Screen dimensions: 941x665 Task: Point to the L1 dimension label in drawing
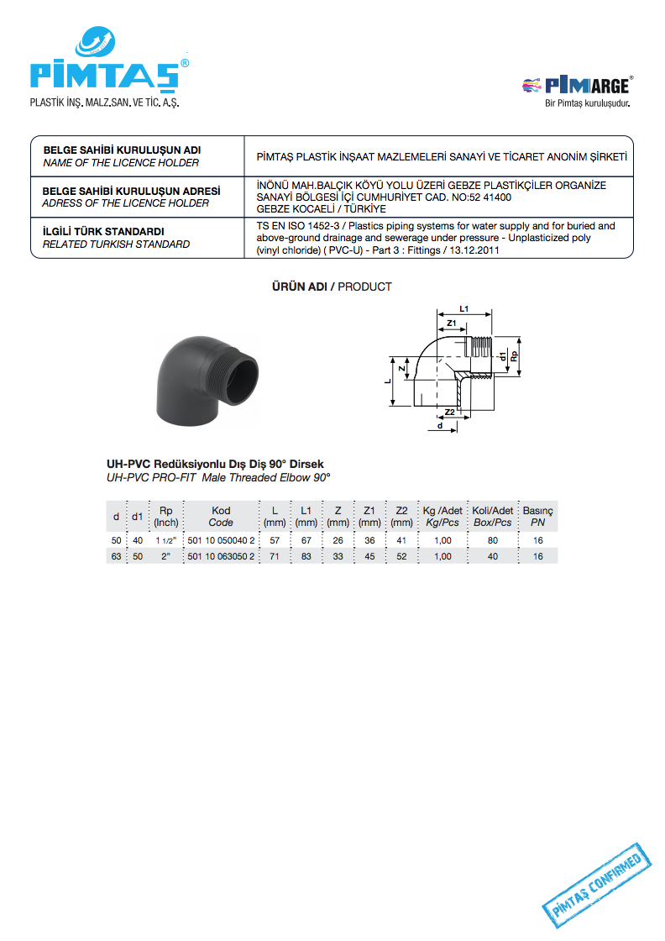(463, 308)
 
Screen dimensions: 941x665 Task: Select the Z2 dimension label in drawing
(449, 413)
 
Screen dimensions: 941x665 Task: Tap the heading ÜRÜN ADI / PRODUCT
(332, 287)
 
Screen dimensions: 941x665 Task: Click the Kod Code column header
(221, 516)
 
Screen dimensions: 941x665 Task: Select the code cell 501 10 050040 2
(221, 540)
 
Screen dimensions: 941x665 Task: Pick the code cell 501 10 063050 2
(221, 556)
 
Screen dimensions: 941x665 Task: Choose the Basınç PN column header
(537, 516)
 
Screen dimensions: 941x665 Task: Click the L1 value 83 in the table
(306, 556)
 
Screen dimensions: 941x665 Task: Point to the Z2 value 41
(401, 540)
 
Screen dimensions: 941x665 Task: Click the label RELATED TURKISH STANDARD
(116, 244)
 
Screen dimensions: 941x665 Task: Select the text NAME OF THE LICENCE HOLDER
(121, 163)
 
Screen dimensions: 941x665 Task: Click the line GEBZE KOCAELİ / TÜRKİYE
(321, 208)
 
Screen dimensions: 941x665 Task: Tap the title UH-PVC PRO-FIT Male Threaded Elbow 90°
(218, 476)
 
